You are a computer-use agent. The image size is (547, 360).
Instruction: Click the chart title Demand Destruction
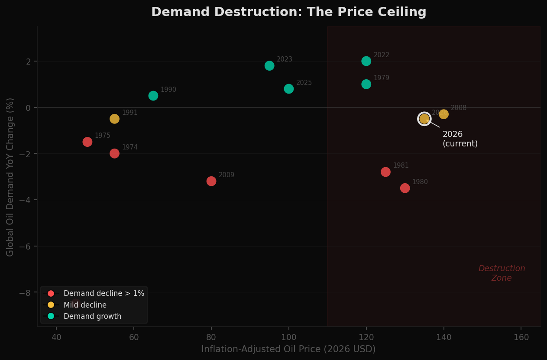point(288,12)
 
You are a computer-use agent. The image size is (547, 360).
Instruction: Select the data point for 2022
point(366,61)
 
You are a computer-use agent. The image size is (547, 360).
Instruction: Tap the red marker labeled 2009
point(211,181)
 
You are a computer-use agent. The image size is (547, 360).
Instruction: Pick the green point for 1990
point(153,96)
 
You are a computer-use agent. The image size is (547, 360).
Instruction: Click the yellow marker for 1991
point(114,119)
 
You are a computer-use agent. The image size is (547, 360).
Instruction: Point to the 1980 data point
point(405,188)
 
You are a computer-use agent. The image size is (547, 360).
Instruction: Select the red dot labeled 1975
point(87,142)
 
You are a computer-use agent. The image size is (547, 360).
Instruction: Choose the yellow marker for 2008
point(443,114)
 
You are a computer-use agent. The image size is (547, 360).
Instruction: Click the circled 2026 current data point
point(424,119)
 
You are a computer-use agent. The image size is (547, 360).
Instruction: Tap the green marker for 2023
point(269,66)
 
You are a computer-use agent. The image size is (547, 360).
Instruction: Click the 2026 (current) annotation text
point(460,139)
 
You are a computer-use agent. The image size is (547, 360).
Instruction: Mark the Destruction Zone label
point(502,273)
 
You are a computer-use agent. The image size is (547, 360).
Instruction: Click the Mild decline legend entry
point(84,305)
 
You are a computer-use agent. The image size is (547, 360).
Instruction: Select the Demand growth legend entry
point(92,316)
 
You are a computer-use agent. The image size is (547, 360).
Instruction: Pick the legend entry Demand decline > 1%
point(103,294)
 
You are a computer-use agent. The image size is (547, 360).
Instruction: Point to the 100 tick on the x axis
point(288,337)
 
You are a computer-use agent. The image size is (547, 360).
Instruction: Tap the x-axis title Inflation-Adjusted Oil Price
point(288,349)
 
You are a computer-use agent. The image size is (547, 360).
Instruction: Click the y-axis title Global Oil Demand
point(10,177)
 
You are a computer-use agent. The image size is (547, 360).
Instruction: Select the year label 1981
point(401,165)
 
